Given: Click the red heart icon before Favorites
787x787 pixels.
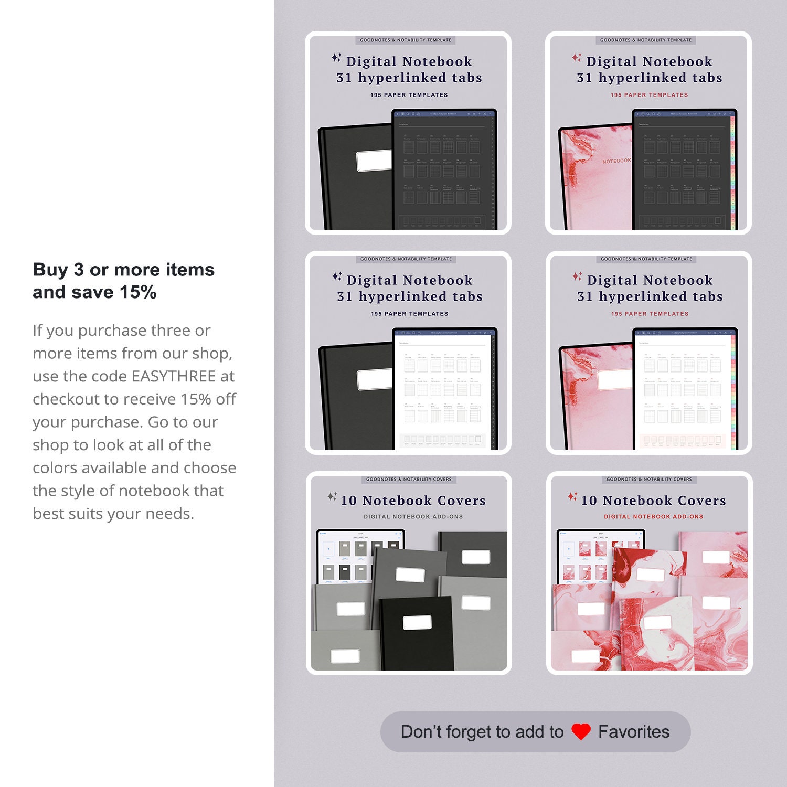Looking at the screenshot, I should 581,732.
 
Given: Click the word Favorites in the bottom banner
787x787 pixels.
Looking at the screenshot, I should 634,732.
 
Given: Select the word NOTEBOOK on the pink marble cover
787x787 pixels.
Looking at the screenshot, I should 616,161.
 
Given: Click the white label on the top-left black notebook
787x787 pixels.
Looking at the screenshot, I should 374,161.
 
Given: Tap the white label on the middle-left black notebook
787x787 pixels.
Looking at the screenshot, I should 375,379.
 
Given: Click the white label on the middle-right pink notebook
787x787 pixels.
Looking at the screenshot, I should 615,379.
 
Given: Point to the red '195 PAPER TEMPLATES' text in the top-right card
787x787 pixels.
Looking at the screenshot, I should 649,95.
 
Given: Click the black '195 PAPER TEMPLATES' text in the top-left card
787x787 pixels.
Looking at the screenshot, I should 409,95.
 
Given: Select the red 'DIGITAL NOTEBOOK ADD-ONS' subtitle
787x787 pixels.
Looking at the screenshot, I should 653,517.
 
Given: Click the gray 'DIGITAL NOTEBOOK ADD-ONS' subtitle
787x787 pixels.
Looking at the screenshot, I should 413,517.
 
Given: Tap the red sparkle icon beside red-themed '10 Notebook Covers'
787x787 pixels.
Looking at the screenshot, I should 572,496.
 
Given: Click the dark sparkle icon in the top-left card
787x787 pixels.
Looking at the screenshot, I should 336,58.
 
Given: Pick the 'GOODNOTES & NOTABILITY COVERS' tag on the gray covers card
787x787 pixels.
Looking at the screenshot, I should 409,479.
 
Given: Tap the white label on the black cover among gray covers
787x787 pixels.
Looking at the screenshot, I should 417,623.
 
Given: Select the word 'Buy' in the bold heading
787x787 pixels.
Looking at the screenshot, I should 50,270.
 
